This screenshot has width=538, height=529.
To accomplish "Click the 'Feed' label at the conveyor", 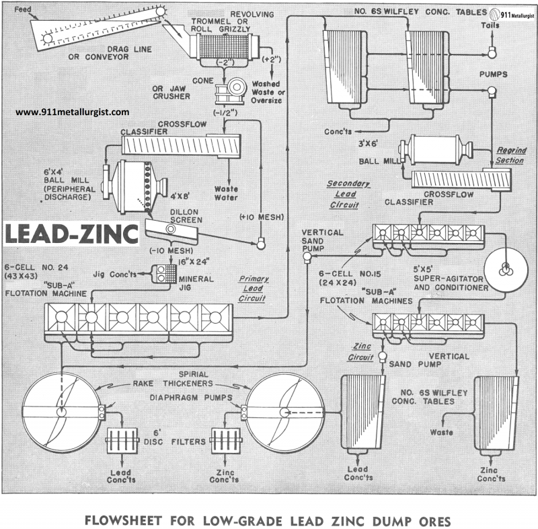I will coord(22,10).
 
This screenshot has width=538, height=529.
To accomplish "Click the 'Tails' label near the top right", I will coord(492,25).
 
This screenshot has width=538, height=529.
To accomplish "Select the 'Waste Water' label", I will coord(223,193).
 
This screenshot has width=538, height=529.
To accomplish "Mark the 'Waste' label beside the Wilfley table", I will coord(442,432).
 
